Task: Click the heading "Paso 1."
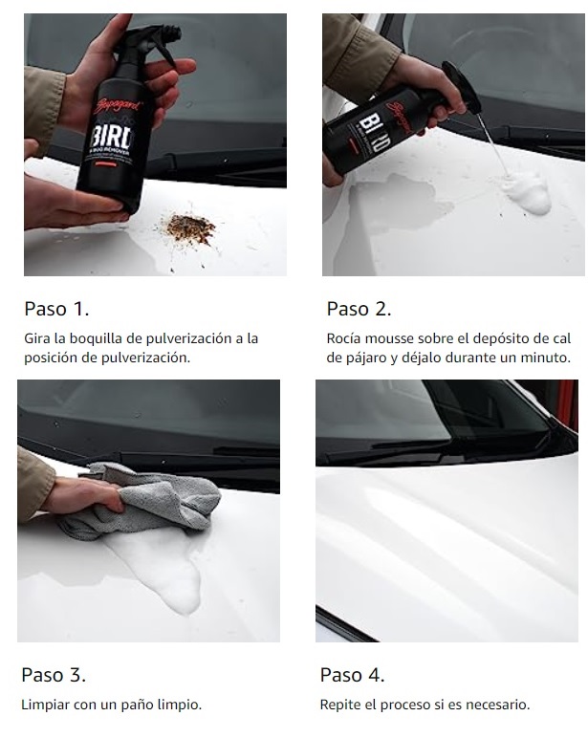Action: (56, 309)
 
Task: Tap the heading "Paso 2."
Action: (359, 309)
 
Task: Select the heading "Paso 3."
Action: (54, 675)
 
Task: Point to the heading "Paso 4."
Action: (352, 675)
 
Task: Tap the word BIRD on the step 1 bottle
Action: (113, 137)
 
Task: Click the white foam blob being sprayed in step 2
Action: (526, 193)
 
